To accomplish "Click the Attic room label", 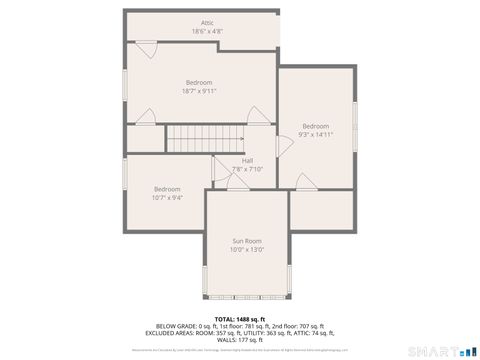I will pos(207,22).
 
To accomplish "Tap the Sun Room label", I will pos(246,240).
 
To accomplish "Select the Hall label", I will pos(246,160).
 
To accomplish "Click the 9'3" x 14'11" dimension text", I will pos(316,133).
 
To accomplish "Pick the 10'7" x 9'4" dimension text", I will pos(167,197).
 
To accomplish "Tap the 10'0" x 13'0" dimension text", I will pos(246,248).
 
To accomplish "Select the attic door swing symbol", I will pos(146,47).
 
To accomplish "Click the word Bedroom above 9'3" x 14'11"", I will pos(316,125).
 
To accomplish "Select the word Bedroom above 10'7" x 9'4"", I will pos(167,189).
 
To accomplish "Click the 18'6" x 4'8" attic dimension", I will pos(207,31).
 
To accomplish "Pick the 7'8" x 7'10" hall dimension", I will pos(246,168).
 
